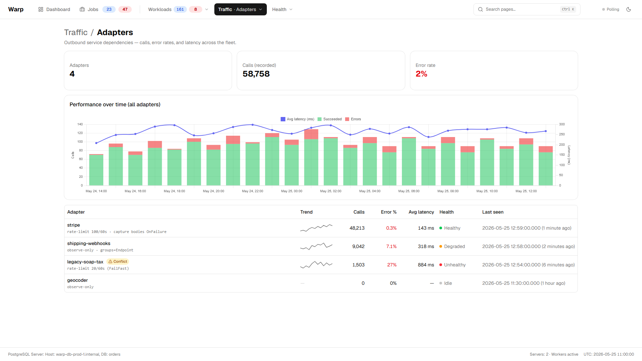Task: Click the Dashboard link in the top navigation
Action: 54,9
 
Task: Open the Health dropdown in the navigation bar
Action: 282,9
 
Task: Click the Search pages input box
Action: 527,9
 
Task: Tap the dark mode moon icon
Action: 629,9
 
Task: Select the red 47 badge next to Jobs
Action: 125,9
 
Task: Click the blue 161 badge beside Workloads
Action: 180,9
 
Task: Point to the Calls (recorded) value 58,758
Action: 256,74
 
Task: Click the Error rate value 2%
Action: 421,74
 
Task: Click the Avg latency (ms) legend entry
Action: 297,119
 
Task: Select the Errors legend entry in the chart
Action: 353,119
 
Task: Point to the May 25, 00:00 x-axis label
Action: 292,191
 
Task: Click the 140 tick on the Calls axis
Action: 80,124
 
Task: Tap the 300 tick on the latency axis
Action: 562,124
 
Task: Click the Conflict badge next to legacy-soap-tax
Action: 118,262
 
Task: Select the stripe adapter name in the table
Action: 74,225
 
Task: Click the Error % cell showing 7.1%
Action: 391,246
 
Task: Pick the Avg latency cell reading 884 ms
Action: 426,265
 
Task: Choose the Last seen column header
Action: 493,212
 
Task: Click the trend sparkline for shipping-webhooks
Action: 316,246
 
